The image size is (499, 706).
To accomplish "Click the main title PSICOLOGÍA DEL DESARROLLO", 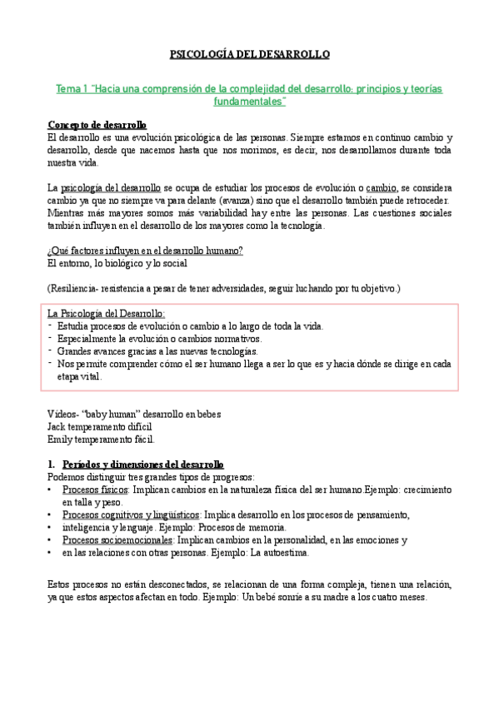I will click(250, 54).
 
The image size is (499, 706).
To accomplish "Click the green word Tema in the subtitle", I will click(67, 88).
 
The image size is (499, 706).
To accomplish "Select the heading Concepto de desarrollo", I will click(97, 125).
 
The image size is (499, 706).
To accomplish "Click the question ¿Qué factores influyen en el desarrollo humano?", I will click(145, 251).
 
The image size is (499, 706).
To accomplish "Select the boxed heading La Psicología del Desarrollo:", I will click(107, 314).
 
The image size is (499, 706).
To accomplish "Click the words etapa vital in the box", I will click(79, 376).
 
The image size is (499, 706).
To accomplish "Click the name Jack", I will click(57, 427).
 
